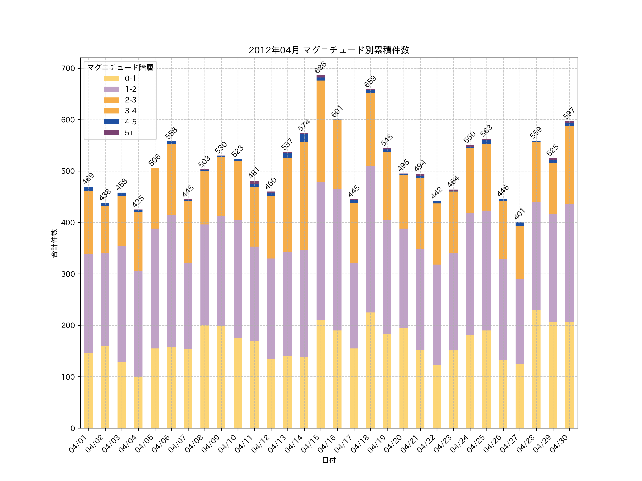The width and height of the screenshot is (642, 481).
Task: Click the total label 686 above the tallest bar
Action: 320,67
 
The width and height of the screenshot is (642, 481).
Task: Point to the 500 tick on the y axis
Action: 68,171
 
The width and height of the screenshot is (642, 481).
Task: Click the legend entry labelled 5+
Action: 129,133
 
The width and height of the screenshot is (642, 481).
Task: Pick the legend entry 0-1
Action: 130,78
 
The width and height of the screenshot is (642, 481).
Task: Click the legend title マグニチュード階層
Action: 120,68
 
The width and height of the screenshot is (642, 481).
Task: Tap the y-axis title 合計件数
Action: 54,243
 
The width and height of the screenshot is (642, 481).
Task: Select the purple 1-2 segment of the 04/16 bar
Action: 337,260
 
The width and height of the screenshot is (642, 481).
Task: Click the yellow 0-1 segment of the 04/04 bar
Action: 138,402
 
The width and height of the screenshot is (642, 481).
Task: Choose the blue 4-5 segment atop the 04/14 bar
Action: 304,137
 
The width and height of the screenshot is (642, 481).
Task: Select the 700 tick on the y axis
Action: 68,68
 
